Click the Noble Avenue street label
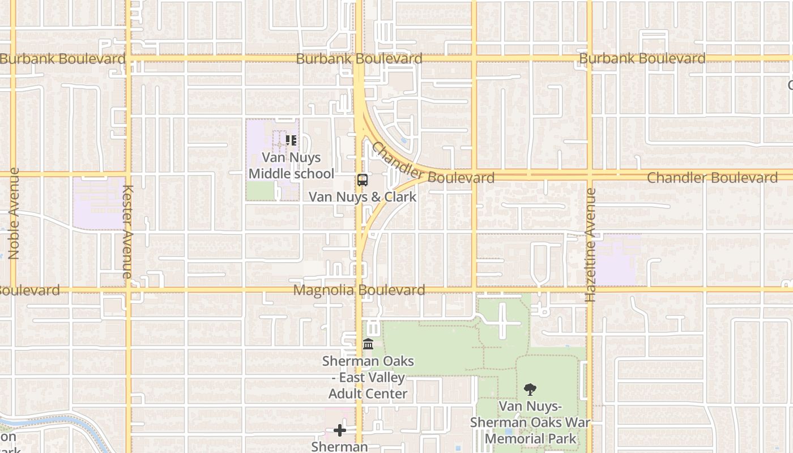14,213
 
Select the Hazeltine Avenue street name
591,245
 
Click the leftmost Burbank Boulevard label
62,59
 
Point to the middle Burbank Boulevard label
359,59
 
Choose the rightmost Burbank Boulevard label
642,58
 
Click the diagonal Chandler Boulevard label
432,164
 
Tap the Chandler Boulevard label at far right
712,178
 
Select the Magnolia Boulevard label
359,290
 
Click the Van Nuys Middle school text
292,165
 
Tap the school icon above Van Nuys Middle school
291,140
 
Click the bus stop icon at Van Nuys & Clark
363,180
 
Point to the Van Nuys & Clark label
363,197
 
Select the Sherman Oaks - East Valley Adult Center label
368,377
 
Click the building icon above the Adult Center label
368,344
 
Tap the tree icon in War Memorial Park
530,389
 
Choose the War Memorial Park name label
530,422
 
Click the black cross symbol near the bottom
340,430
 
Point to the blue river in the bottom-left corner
51,420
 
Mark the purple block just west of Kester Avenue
99,203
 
